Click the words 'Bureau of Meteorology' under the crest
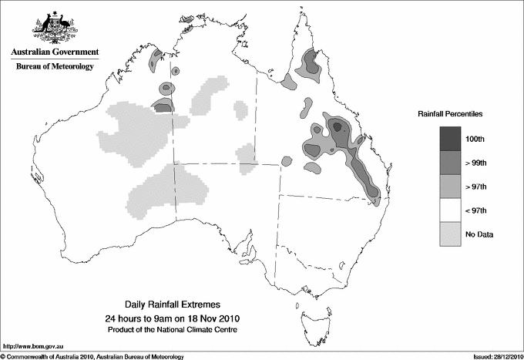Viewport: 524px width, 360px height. click(x=55, y=67)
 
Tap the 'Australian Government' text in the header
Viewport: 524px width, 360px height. click(x=55, y=52)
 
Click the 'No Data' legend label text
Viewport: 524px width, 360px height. click(x=479, y=234)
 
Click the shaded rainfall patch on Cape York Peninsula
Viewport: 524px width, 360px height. click(x=312, y=62)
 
